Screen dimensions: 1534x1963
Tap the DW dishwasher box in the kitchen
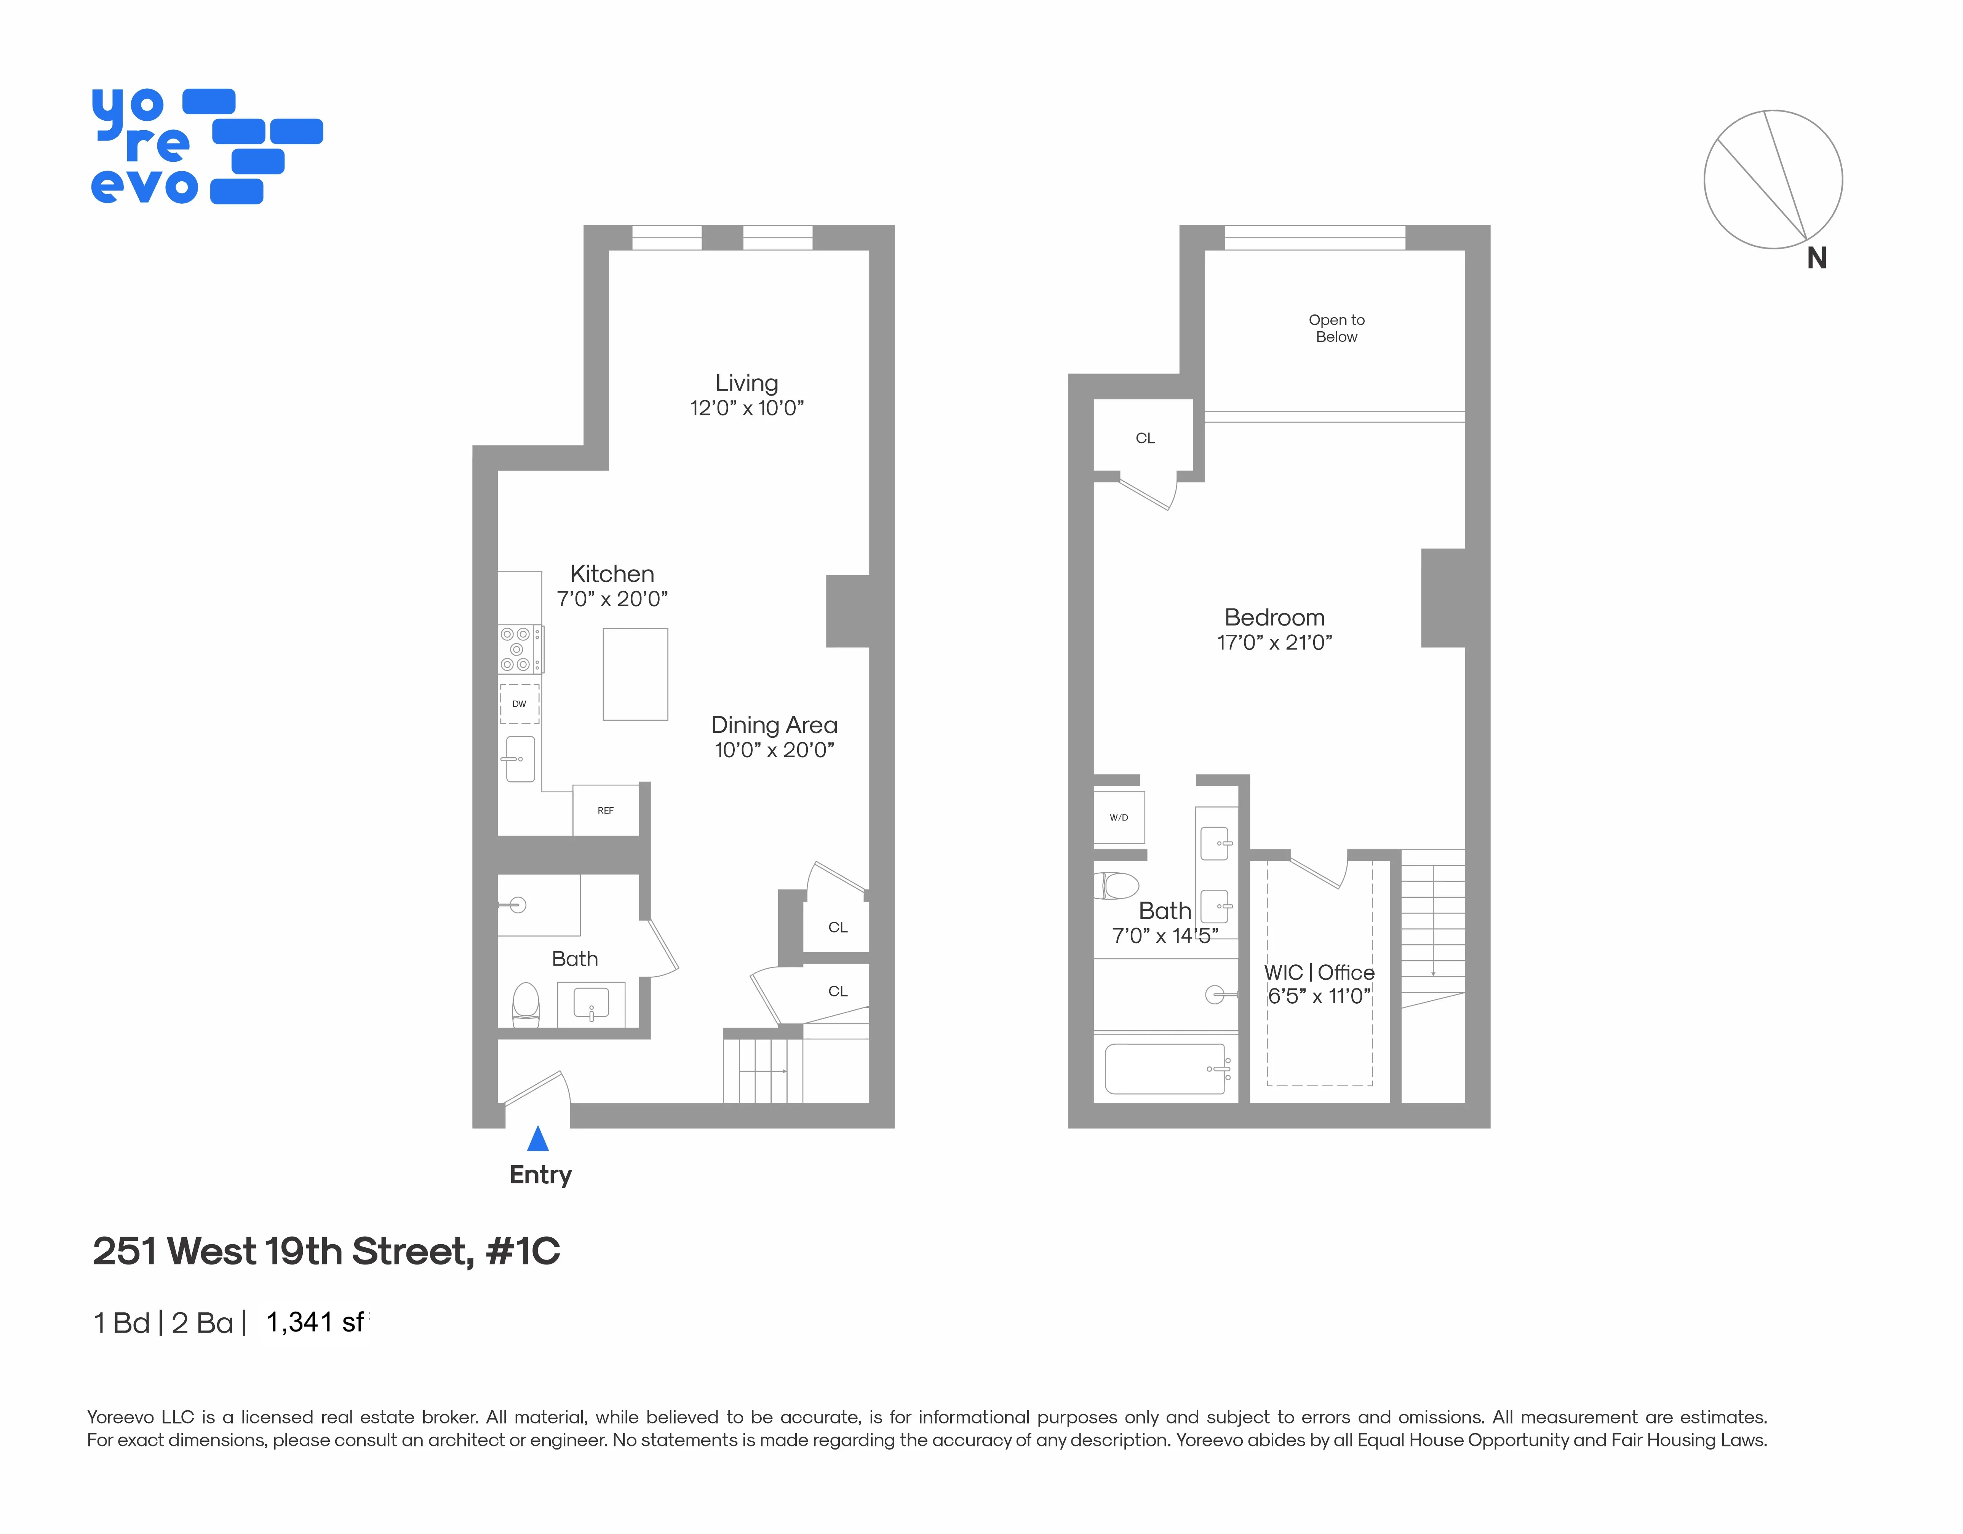[x=520, y=704]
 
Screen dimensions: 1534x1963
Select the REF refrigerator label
[x=606, y=811]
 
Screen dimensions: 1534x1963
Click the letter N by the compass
[x=1816, y=259]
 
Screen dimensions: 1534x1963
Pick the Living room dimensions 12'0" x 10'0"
[x=746, y=408]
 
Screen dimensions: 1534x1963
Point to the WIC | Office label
[x=1319, y=972]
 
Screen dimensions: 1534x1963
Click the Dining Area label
[x=774, y=725]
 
